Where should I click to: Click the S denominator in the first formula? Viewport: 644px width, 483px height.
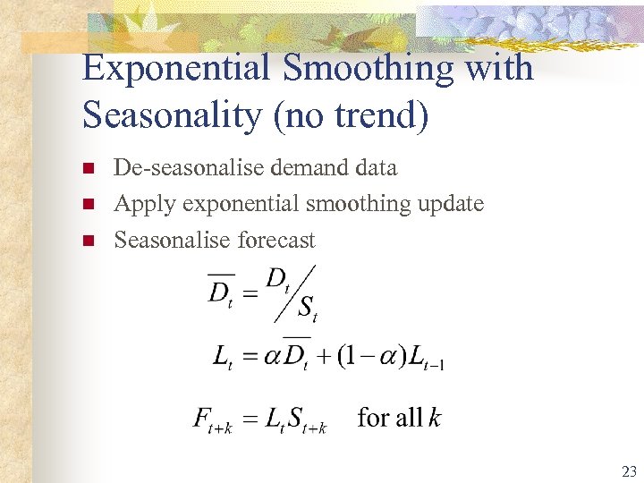tap(306, 309)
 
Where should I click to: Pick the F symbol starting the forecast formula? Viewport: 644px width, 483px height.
tap(201, 418)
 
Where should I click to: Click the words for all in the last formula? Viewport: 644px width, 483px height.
tap(389, 417)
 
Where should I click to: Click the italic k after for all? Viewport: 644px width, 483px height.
tap(434, 417)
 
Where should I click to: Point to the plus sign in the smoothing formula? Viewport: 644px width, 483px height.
tap(318, 358)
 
